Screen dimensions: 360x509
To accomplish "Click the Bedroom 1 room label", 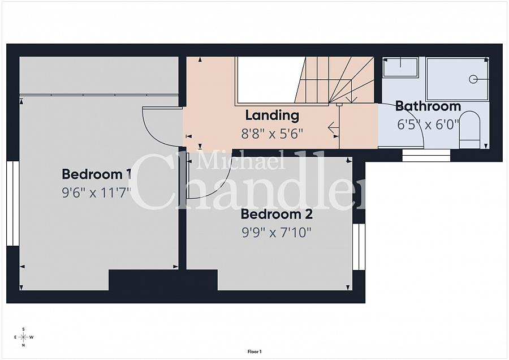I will (x=96, y=174).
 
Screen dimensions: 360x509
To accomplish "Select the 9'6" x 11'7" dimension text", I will (x=96, y=192).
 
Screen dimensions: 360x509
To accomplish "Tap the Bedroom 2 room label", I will (x=277, y=215).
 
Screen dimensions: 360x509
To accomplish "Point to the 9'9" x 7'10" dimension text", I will (x=277, y=232).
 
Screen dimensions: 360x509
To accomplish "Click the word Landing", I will (x=272, y=115).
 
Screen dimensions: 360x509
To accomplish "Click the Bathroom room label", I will (x=428, y=106).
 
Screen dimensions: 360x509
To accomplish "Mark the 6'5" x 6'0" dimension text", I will (x=428, y=125).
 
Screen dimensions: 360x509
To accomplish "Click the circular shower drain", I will (x=472, y=80).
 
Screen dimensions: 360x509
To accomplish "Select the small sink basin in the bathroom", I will (x=400, y=67).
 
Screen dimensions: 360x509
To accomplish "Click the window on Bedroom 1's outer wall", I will (x=12, y=203).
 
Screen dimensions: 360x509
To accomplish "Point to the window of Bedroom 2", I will (x=359, y=247).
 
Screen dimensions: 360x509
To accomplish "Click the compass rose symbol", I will (x=23, y=337).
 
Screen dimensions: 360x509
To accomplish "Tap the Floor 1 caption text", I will (x=255, y=352).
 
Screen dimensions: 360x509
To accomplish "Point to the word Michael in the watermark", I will (x=240, y=161).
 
